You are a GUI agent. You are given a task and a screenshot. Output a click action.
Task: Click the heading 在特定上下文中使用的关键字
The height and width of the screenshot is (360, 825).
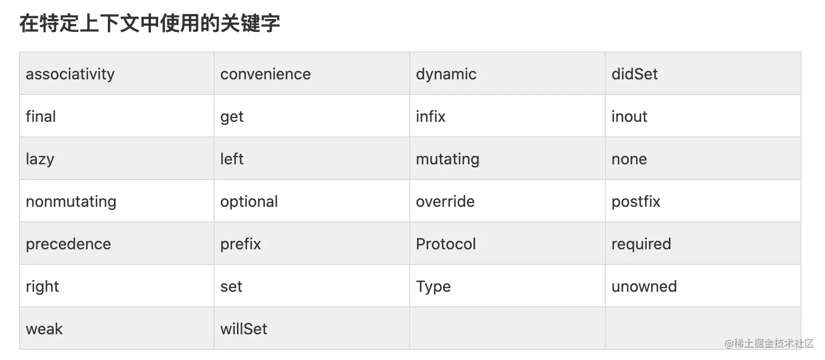point(150,23)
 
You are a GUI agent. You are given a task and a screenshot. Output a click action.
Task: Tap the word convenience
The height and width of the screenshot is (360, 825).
point(265,74)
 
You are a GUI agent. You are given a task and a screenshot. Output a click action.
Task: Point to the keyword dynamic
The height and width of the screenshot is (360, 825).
point(446,74)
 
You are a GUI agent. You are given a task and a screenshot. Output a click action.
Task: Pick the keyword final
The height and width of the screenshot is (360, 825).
point(40,116)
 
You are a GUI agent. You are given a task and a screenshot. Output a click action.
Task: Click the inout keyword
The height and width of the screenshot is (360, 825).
point(629,116)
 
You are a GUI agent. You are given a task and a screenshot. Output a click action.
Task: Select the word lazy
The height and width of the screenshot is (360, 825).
point(40,159)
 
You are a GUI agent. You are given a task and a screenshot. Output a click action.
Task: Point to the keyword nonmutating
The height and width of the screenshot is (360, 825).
point(71,202)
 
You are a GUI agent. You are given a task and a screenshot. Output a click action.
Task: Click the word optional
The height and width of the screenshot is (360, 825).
point(249,202)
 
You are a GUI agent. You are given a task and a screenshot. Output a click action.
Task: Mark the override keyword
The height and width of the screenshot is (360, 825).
point(445,202)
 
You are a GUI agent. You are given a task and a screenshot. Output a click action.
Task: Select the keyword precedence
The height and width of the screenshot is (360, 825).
point(68,244)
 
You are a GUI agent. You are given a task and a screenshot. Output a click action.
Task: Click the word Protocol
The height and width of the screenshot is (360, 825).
point(445,244)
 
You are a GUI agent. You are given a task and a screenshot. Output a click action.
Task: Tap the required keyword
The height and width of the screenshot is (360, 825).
point(641,244)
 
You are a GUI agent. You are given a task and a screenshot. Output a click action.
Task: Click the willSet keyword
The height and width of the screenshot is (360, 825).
point(244,329)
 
